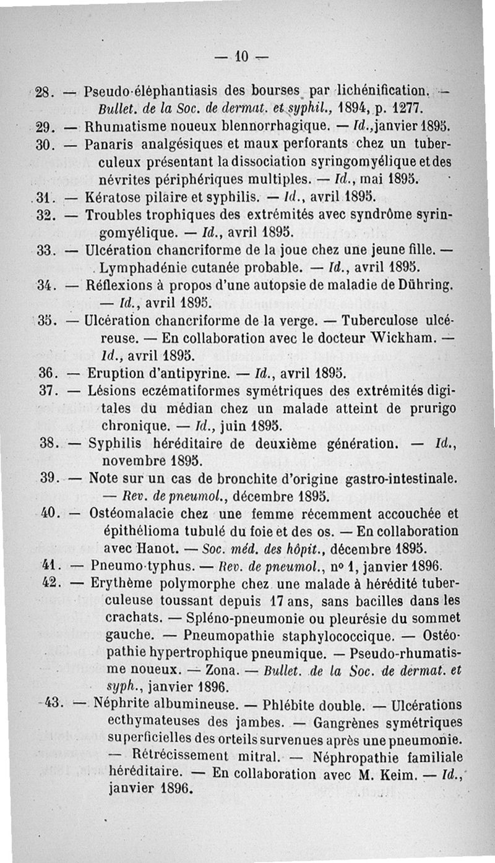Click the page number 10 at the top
(x=241, y=59)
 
